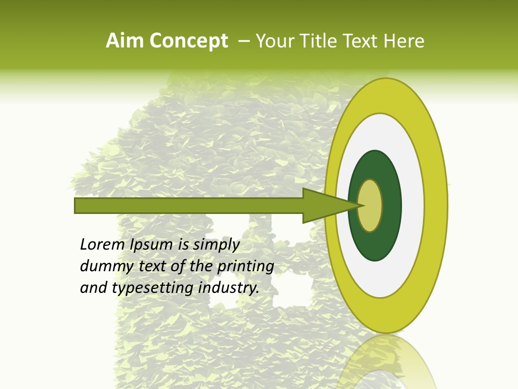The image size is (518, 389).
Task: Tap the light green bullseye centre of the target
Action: [370, 205]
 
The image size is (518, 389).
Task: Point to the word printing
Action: [245, 267]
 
